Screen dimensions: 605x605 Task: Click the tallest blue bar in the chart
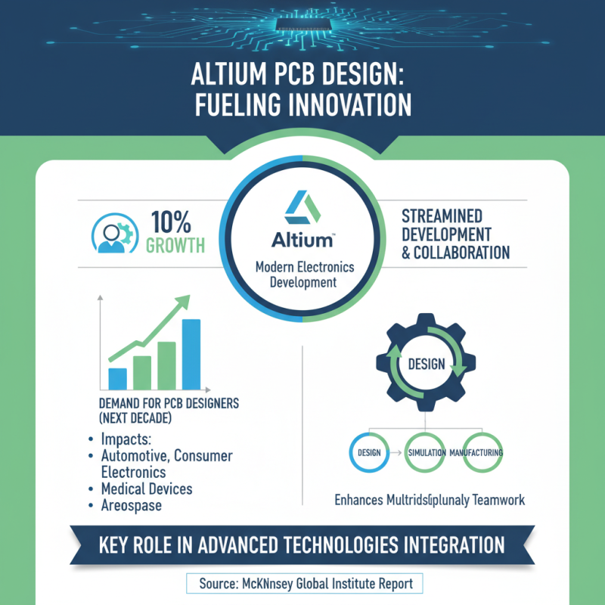[191, 353]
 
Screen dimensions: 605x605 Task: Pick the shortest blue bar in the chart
[117, 377]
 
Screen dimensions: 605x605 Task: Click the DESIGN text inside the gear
[426, 364]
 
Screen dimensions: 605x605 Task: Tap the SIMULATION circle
[426, 452]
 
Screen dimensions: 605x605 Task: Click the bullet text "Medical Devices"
[146, 489]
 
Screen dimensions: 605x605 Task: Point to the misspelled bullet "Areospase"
[131, 506]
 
